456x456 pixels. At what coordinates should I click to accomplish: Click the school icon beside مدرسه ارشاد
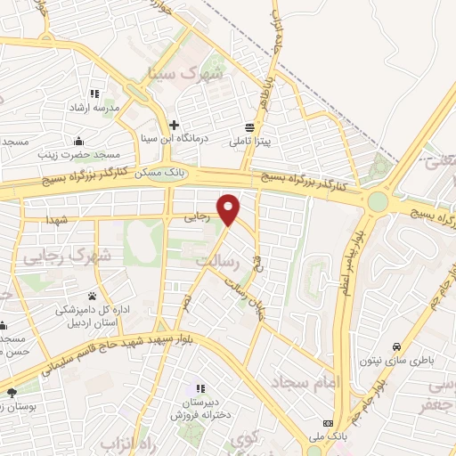click(94, 93)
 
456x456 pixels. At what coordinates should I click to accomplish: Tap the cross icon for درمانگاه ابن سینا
click(174, 125)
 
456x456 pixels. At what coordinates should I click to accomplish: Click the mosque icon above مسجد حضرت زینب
click(79, 140)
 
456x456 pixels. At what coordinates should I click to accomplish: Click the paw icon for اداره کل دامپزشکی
click(93, 296)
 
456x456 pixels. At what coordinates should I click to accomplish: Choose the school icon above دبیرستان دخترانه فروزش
click(199, 388)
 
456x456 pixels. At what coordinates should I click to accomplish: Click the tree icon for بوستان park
click(12, 392)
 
